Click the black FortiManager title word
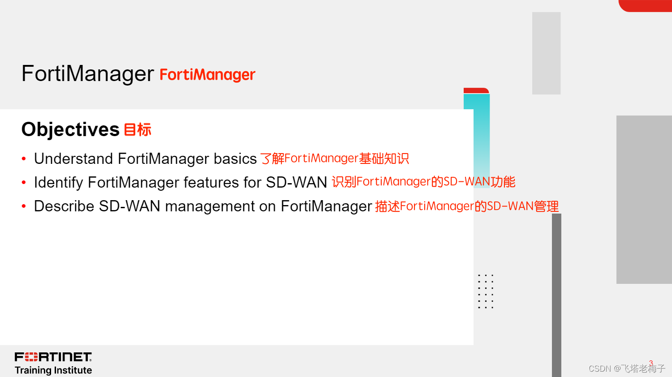point(87,73)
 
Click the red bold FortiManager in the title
point(207,75)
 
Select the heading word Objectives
point(70,129)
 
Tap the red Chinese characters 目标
point(138,130)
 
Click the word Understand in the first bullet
point(73,159)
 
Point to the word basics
point(235,159)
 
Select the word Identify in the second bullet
point(58,182)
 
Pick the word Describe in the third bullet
point(64,206)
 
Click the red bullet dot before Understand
point(24,159)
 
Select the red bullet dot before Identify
point(24,183)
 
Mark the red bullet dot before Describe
point(24,206)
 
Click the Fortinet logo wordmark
point(53,357)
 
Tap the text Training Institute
point(53,370)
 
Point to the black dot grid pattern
point(485,291)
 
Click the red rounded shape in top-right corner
point(646,5)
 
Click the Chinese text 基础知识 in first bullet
point(384,159)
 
